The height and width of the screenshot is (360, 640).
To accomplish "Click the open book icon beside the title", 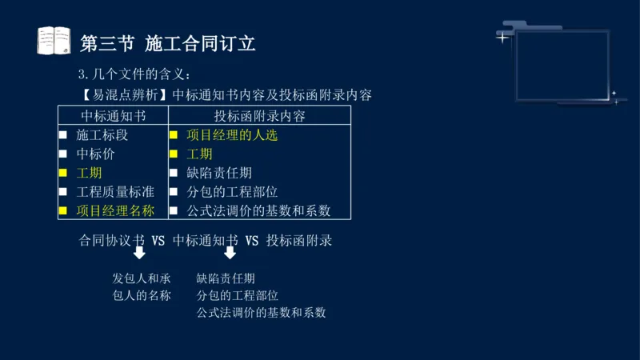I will (x=54, y=41).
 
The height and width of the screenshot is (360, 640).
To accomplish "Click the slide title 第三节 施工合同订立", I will (x=168, y=42).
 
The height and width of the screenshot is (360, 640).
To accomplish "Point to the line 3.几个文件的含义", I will (x=134, y=75).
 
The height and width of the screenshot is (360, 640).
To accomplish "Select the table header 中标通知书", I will (x=113, y=115).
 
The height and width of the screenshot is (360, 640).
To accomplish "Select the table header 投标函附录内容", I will (x=259, y=115).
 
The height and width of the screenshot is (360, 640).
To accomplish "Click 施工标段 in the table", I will (x=102, y=135).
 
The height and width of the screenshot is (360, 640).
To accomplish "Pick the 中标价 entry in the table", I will (x=95, y=154).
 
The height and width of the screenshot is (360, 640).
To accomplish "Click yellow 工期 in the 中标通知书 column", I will (x=89, y=173).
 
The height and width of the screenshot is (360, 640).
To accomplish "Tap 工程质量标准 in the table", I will (x=115, y=192).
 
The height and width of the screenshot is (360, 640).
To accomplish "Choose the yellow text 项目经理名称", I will (x=115, y=211).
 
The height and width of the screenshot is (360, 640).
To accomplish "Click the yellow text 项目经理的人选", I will (x=232, y=135).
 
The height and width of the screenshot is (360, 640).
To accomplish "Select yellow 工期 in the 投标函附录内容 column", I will (x=199, y=154).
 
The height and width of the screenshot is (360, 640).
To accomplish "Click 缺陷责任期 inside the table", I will (x=219, y=173).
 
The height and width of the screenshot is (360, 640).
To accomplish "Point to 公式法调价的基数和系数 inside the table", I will (x=258, y=211).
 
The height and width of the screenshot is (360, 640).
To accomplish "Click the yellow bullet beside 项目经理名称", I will (x=62, y=211).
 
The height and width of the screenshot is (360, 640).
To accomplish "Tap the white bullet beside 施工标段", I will (x=62, y=135).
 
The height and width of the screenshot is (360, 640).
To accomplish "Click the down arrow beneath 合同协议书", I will (x=139, y=254).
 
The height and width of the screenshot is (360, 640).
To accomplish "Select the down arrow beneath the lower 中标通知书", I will (x=230, y=254).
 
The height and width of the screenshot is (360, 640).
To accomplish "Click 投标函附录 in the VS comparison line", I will (x=299, y=240).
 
